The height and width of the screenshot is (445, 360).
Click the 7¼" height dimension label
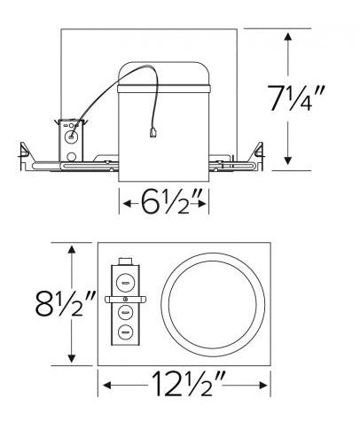tap(295, 98)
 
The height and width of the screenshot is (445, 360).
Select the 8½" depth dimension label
tap(64, 303)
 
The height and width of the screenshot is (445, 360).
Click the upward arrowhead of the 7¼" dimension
tap(288, 37)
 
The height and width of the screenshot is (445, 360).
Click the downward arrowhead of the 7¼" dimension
tap(288, 160)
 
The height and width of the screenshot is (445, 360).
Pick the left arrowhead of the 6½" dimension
tap(127, 204)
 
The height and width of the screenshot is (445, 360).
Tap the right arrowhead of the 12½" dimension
tap(263, 385)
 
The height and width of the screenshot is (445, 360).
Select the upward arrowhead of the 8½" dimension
tap(71, 250)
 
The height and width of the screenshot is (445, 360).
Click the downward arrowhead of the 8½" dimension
tap(71, 358)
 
